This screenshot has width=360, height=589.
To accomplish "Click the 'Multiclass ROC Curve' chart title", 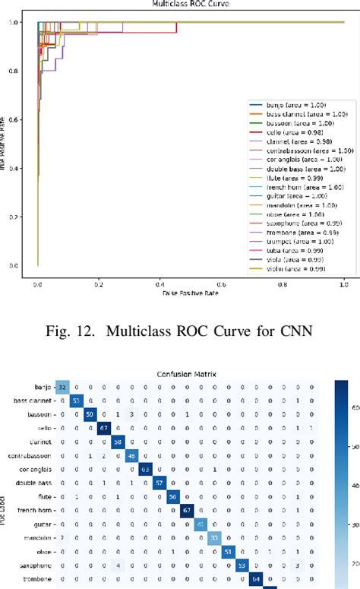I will (180, 5).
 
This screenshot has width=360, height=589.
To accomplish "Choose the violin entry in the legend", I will (282, 268).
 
